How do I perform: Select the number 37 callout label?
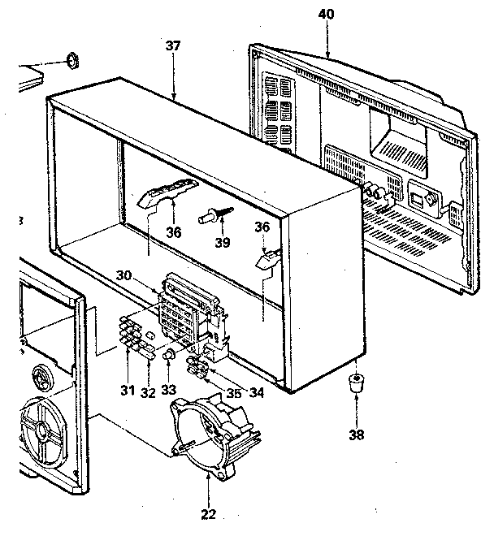(x=172, y=46)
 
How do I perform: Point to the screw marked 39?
(x=212, y=215)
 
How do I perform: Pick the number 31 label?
(x=127, y=391)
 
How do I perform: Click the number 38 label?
(x=355, y=434)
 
